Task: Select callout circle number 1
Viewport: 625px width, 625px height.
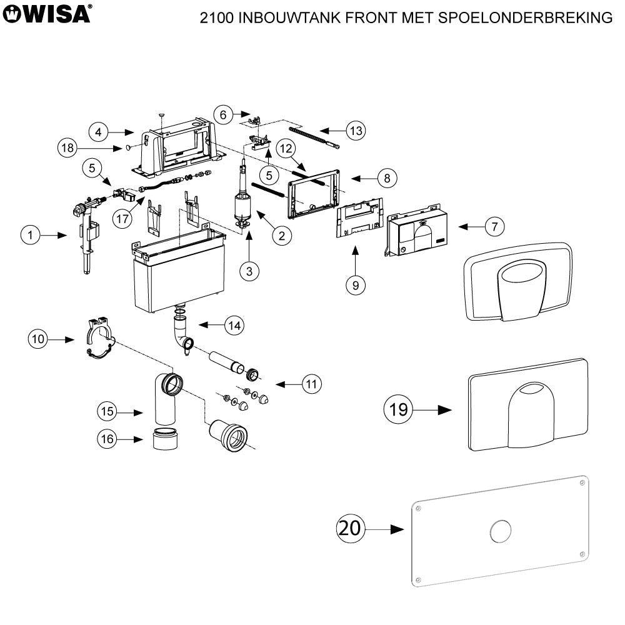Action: point(30,235)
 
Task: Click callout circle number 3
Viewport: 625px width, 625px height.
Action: point(249,271)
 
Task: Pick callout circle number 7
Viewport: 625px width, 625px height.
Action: point(494,226)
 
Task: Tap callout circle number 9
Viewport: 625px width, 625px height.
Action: point(355,284)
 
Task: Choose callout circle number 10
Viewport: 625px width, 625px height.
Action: point(39,339)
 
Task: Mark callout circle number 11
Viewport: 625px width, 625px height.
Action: point(311,383)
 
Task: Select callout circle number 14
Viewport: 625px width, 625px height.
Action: point(234,325)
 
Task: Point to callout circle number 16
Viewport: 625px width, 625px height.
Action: point(106,439)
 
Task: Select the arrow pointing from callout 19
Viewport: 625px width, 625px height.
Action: point(436,410)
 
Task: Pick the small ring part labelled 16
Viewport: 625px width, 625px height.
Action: point(165,439)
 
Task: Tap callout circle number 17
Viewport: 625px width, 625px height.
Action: point(123,219)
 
